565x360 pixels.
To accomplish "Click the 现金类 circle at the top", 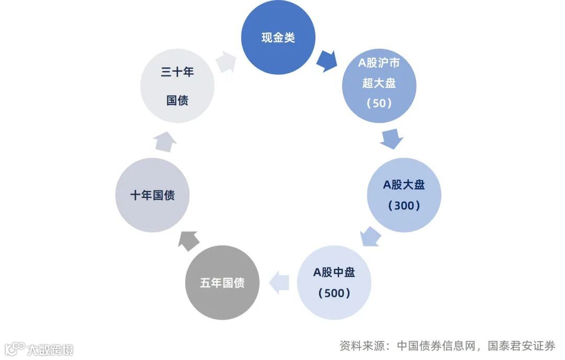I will tap(278, 37).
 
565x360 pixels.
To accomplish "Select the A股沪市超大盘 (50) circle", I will tap(379, 84).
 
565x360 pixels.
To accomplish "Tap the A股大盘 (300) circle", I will tap(404, 195).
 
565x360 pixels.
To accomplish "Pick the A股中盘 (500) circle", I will tap(334, 283).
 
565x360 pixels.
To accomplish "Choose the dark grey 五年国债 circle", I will tap(222, 283).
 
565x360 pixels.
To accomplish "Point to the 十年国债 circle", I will tap(152, 195).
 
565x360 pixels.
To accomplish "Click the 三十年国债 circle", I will tap(177, 86).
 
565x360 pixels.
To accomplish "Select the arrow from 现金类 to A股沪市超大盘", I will tap(326, 60).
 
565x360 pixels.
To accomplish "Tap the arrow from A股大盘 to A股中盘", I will tap(371, 237).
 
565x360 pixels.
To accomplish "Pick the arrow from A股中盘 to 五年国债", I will tap(279, 283).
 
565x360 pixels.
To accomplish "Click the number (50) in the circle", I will tap(379, 103).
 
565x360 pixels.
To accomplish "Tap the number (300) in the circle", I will tap(404, 206).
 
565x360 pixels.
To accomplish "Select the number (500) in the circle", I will tap(334, 294).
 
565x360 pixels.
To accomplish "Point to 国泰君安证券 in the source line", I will tap(521, 346).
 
